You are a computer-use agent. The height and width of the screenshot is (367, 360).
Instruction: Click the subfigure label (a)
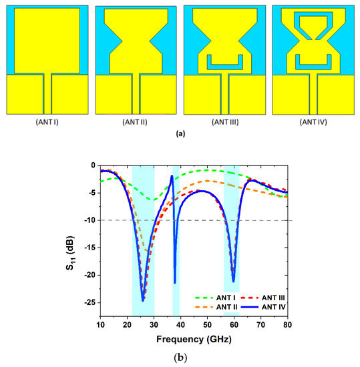[180, 133]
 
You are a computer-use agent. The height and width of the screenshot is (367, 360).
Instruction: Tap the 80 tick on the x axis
[287, 325]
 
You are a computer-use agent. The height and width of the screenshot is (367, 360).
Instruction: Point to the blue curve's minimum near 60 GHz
[233, 281]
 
